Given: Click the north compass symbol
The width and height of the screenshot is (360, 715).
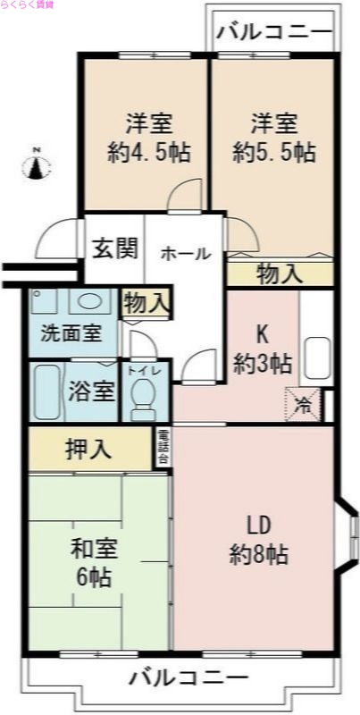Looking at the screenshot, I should click(37, 164).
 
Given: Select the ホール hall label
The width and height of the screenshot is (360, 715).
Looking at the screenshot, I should click(185, 254).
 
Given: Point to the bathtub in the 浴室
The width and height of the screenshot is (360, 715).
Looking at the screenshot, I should click(45, 391).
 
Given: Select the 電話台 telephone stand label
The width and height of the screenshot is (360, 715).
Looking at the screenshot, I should click(163, 448).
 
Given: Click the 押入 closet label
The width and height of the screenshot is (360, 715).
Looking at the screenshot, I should click(89, 449).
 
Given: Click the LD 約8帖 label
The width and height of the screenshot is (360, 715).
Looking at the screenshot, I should click(258, 539).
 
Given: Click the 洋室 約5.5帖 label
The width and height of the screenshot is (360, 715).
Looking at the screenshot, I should click(274, 137).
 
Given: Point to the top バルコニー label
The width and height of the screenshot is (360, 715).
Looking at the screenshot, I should click(273, 34).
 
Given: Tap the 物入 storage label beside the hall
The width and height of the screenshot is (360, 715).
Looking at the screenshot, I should click(147, 302).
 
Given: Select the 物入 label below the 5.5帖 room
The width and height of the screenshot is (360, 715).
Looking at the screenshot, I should click(279, 274).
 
